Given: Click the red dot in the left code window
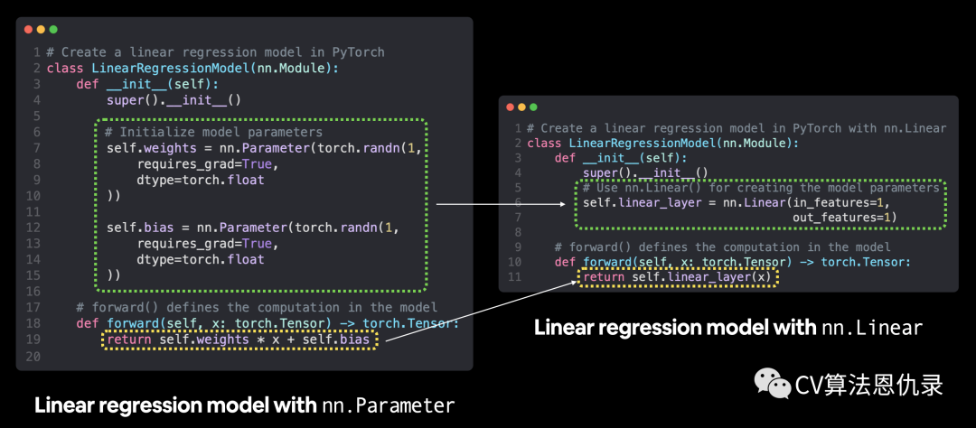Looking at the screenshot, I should (x=28, y=30).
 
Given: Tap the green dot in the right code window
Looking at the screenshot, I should (x=533, y=107).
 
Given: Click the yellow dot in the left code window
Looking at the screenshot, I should (x=41, y=30).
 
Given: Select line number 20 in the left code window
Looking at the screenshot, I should (x=33, y=357).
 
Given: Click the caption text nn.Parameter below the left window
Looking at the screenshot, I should (x=389, y=405).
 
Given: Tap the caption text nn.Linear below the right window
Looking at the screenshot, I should (x=872, y=327).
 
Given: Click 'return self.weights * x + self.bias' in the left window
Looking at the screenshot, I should (x=239, y=340).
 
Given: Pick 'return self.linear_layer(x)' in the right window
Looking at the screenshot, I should (x=679, y=277).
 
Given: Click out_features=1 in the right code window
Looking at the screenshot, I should (x=844, y=218).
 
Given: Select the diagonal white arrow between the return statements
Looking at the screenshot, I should (x=479, y=312).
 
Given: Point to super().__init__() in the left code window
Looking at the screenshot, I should (x=174, y=100).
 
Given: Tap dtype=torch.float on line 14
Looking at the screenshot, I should (x=201, y=259).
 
